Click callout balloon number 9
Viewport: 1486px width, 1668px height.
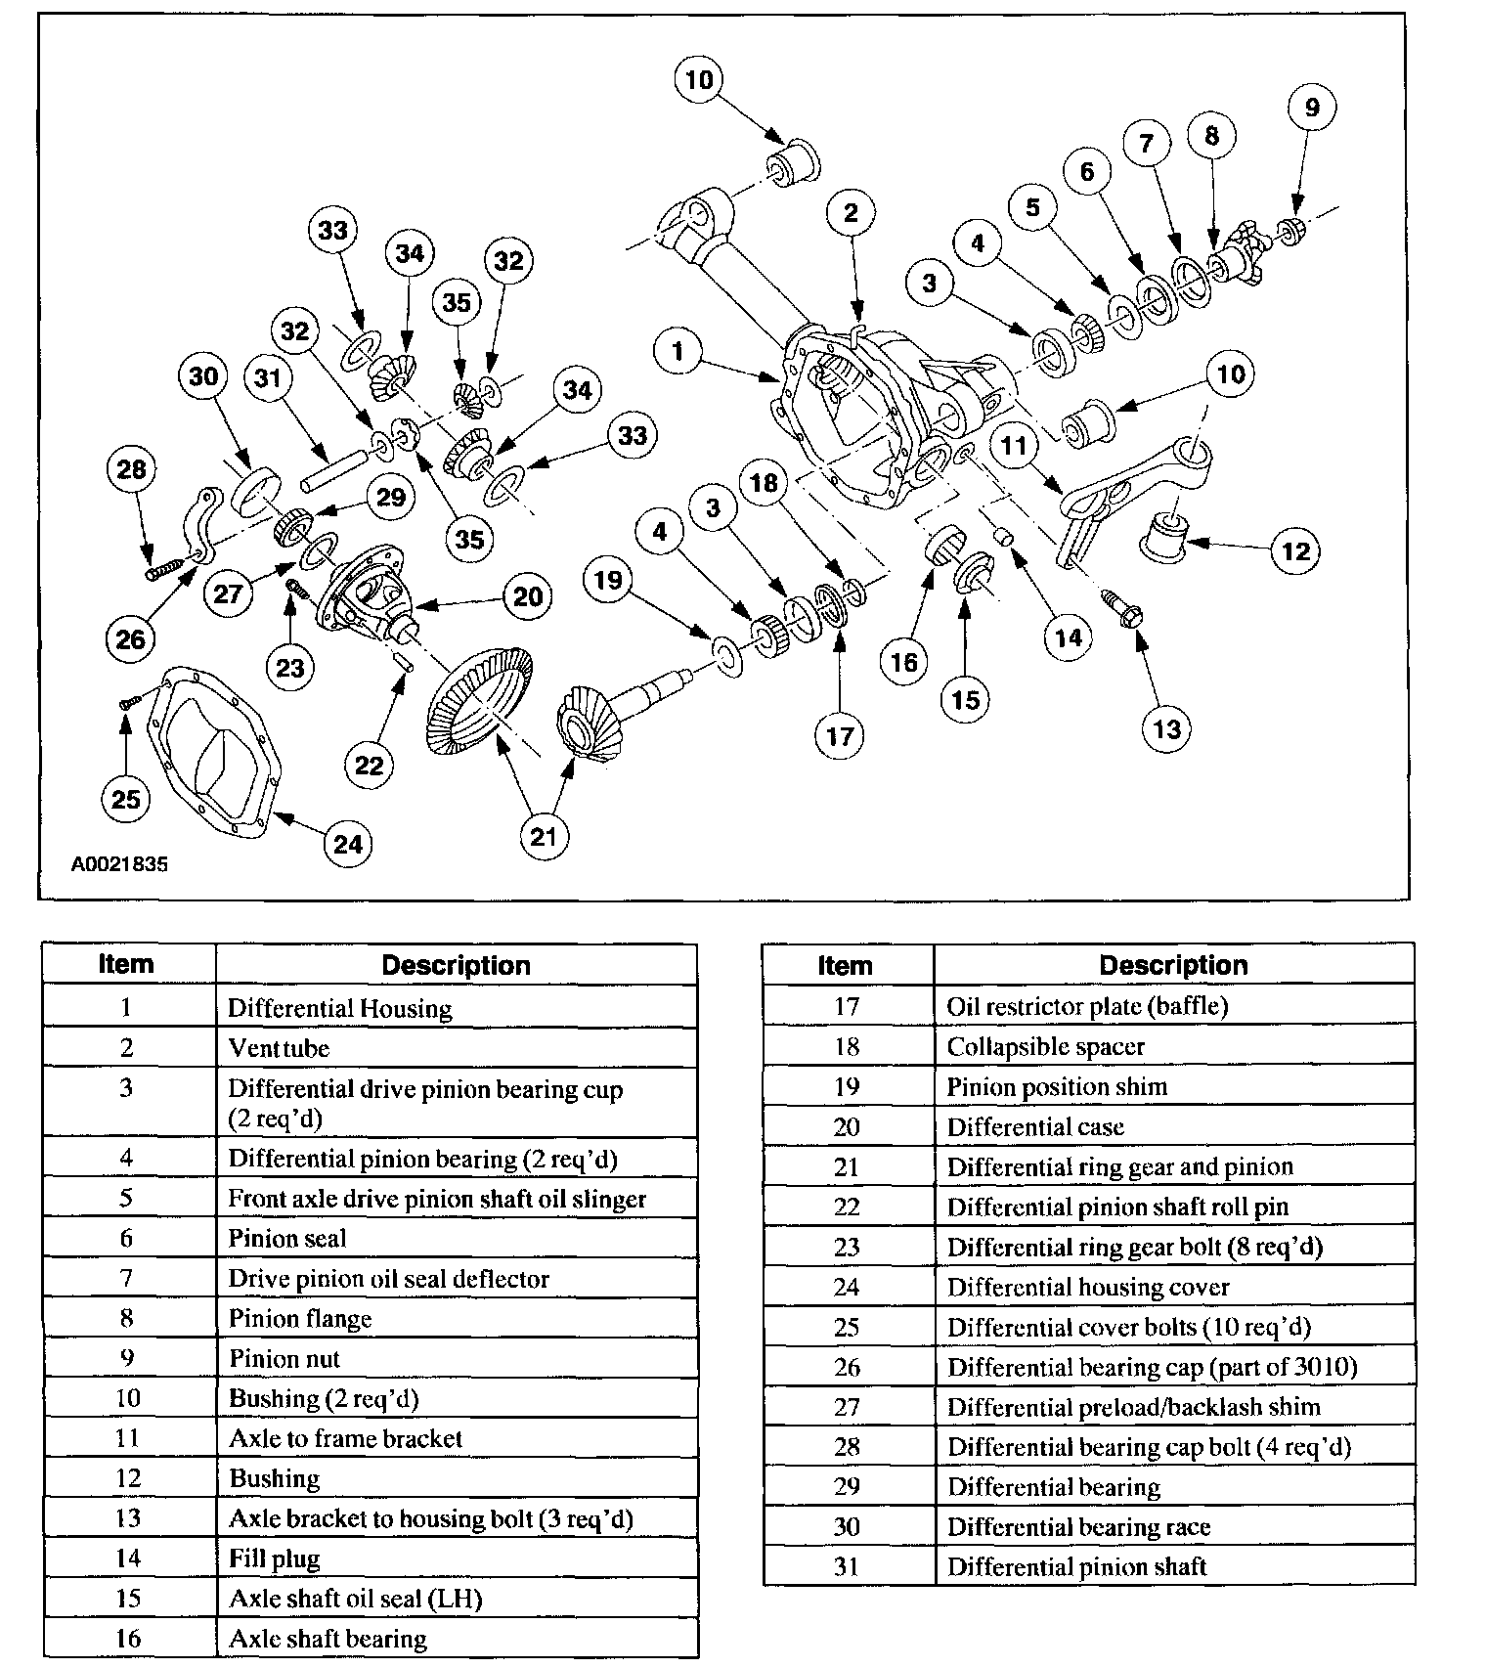(1312, 108)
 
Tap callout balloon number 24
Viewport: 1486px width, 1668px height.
(348, 844)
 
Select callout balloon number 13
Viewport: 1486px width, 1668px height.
(1166, 729)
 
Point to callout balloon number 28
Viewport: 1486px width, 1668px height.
(131, 469)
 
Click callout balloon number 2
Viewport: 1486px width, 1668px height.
(850, 212)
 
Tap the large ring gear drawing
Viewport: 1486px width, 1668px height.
(479, 702)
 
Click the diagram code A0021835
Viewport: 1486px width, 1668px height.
(119, 864)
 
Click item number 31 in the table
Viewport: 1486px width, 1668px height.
(847, 1566)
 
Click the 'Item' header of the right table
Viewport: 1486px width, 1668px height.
(846, 965)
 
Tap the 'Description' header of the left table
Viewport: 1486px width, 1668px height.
(456, 965)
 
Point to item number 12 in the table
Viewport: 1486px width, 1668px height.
(128, 1477)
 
